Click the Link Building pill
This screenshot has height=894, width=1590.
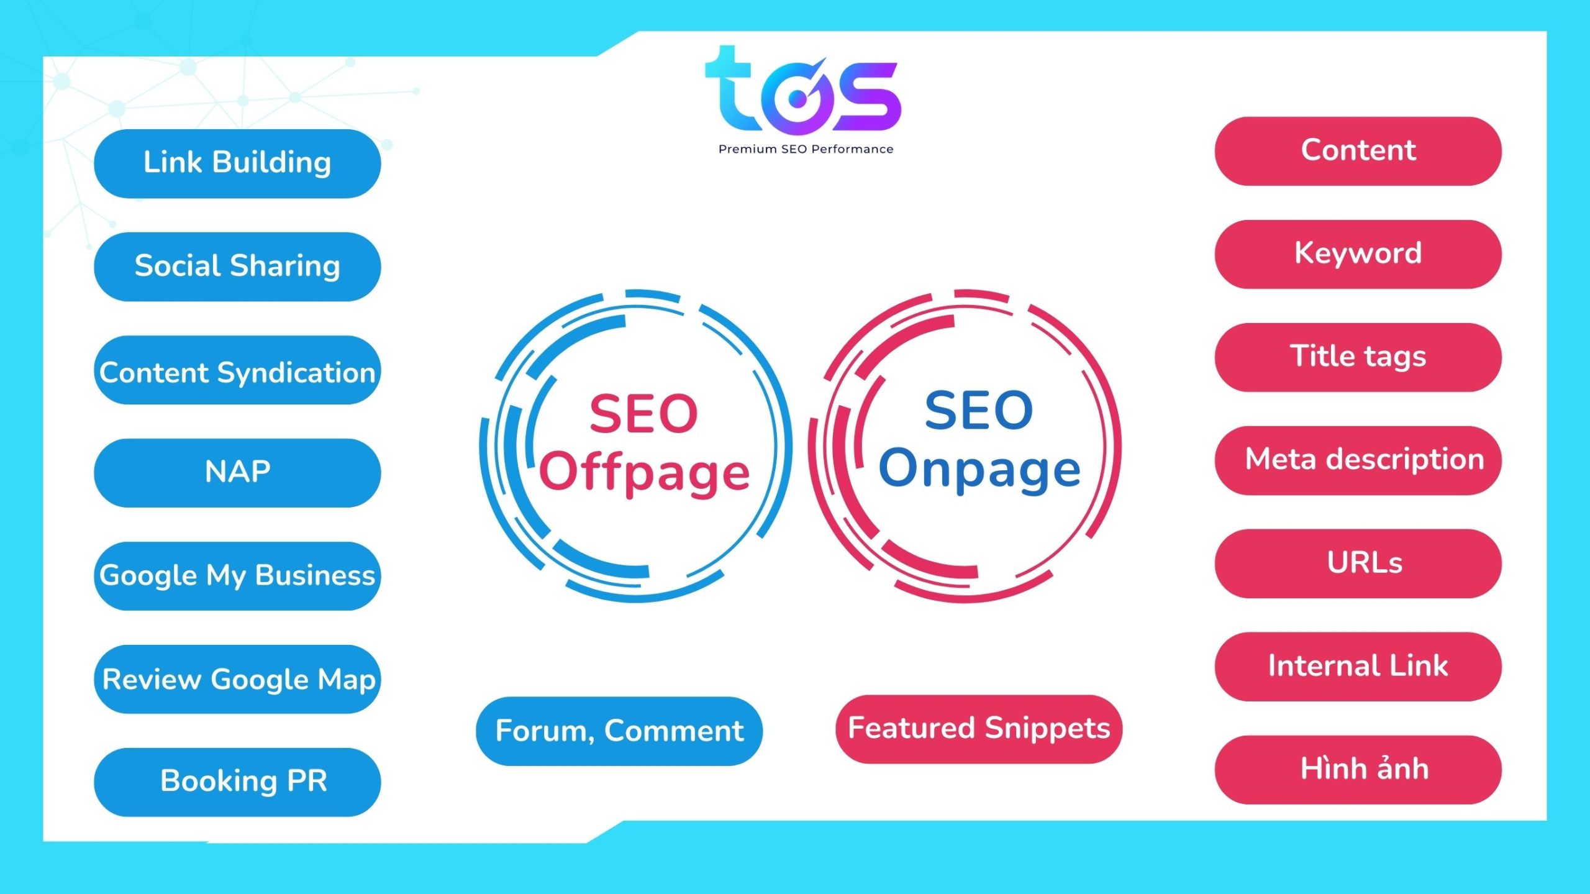point(237,163)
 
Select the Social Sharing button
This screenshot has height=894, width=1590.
point(237,267)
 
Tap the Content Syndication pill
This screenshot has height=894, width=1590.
point(237,370)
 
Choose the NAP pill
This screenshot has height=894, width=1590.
point(237,473)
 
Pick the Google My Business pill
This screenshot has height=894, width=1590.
point(237,576)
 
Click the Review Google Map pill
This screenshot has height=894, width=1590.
point(237,679)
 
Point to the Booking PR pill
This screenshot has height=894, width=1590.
point(237,782)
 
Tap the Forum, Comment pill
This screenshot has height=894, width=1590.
point(619,731)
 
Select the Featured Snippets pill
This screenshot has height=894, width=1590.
point(979,729)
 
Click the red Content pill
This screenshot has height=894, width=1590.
point(1358,151)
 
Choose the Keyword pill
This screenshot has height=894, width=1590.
point(1358,254)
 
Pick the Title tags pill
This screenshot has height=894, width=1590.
point(1358,357)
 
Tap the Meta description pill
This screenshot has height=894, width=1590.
point(1358,460)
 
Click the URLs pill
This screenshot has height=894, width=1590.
point(1358,563)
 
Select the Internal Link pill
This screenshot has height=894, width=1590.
point(1358,667)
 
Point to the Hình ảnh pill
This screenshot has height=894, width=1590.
point(1358,770)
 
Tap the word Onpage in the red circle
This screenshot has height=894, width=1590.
point(979,470)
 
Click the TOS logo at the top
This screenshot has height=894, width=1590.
point(803,89)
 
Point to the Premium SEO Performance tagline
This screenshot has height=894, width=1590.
point(806,149)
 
